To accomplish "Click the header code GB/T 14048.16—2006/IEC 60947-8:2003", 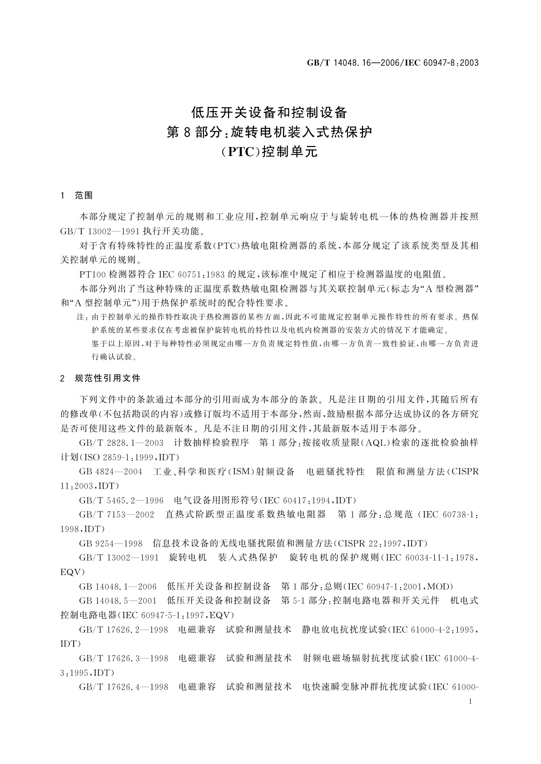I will [393, 63].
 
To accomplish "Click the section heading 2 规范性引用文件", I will [100, 378].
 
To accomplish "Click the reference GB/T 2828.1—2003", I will [121, 442].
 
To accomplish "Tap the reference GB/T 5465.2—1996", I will [121, 500].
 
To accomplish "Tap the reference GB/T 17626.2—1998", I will [123, 630].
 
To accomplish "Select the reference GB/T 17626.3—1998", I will [123, 658].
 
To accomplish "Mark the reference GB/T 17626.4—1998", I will [123, 687].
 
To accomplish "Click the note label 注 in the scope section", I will [82, 318].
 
